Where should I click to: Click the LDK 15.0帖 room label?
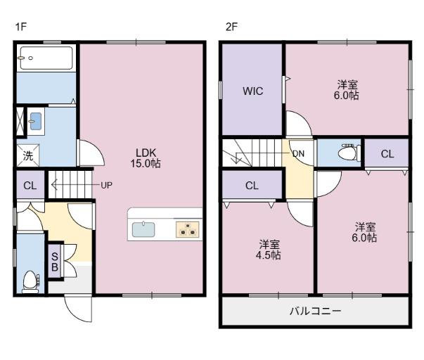pyautogui.click(x=146, y=158)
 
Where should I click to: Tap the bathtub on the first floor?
pyautogui.click(x=46, y=58)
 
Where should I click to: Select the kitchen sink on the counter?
pyautogui.click(x=143, y=229)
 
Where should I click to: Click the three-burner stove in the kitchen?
pyautogui.click(x=188, y=229)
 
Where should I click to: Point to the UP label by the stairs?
pyautogui.click(x=106, y=186)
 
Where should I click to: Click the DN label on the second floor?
pyautogui.click(x=299, y=153)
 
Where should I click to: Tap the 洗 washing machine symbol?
pyautogui.click(x=28, y=155)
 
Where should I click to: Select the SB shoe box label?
pyautogui.click(x=55, y=262)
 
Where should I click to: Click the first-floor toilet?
pyautogui.click(x=30, y=282)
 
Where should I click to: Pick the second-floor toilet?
pyautogui.click(x=349, y=153)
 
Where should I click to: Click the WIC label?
pyautogui.click(x=253, y=91)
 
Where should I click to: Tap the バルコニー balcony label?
pyautogui.click(x=315, y=311)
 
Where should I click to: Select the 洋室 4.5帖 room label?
pyautogui.click(x=269, y=250)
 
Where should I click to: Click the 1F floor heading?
pyautogui.click(x=20, y=27)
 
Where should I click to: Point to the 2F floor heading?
pyautogui.click(x=231, y=27)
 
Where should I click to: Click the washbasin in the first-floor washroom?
pyautogui.click(x=36, y=121)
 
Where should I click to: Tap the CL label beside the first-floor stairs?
pyautogui.click(x=30, y=186)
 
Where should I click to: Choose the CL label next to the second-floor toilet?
pyautogui.click(x=387, y=154)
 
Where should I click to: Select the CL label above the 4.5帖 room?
pyautogui.click(x=252, y=186)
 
